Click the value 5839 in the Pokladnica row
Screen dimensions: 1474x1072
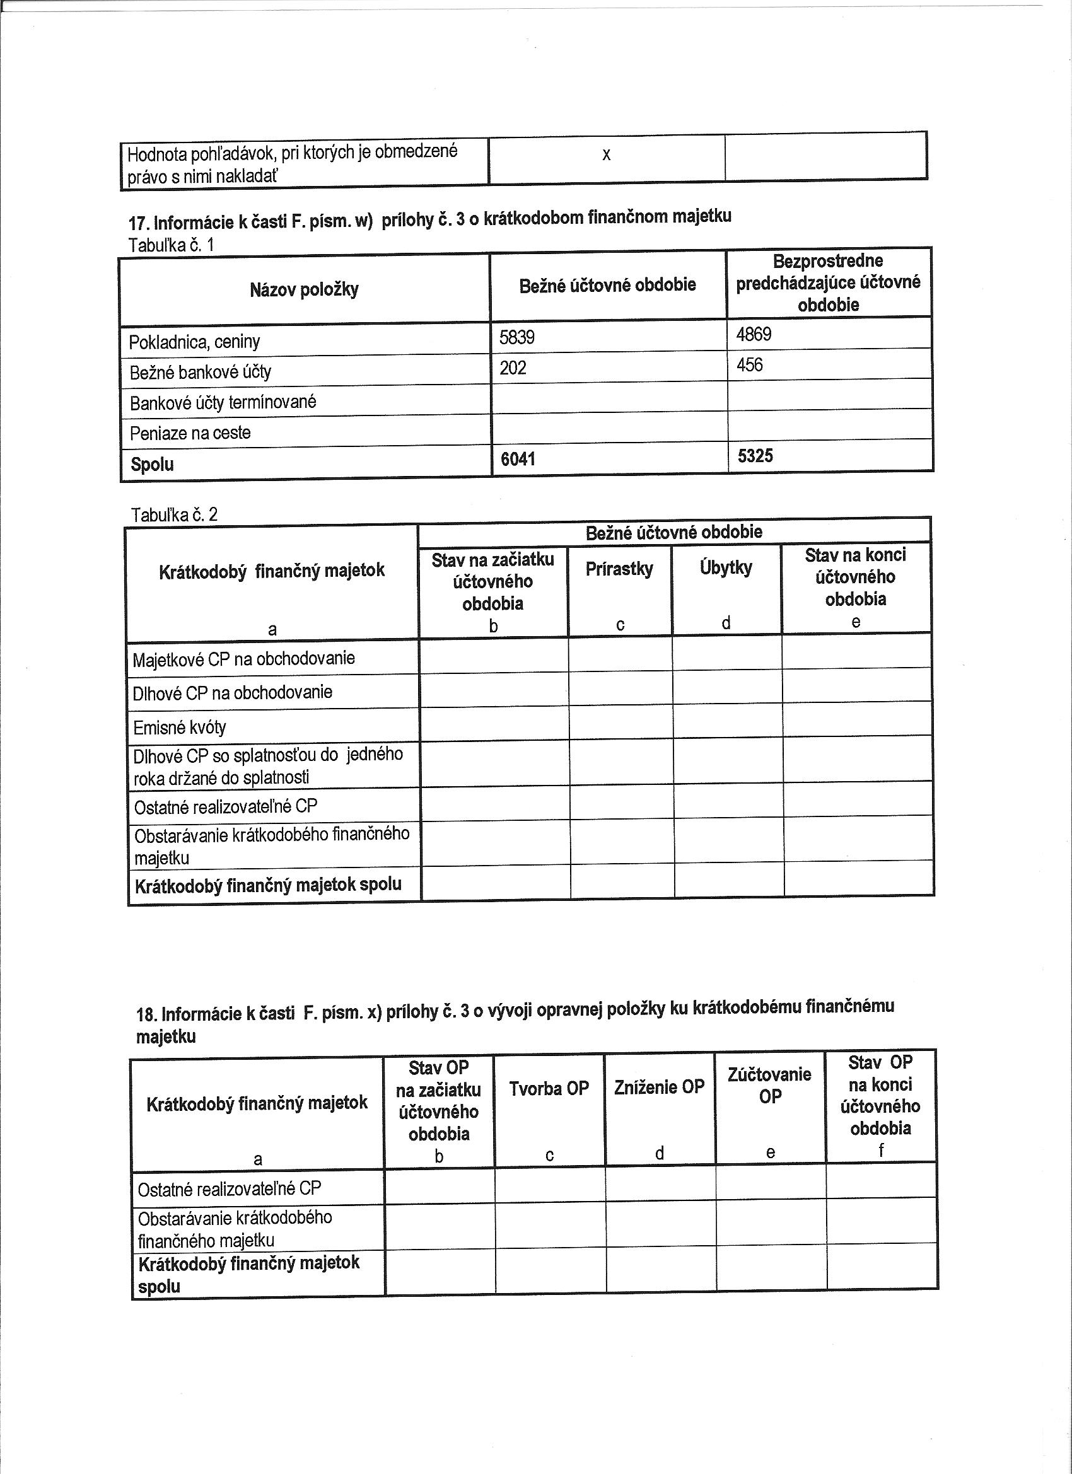(517, 337)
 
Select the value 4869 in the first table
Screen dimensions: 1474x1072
(754, 335)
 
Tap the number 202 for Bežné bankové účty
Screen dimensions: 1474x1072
(512, 368)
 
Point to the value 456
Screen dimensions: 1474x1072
(750, 365)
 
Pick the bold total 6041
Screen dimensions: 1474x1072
(518, 460)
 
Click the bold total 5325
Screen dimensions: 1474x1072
(755, 456)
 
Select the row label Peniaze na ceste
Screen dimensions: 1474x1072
(190, 433)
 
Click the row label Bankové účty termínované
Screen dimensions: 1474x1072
(223, 402)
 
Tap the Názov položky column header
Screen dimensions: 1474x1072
(303, 289)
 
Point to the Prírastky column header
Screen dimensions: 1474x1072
(619, 569)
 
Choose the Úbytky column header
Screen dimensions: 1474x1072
(726, 567)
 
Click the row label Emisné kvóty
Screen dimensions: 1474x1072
(180, 728)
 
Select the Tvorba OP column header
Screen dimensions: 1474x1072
(549, 1089)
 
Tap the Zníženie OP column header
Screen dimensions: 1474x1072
(659, 1087)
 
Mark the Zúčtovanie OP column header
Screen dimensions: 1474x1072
(770, 1086)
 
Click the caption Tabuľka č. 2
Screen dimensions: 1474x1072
(174, 515)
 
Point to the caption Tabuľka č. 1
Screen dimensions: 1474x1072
(172, 245)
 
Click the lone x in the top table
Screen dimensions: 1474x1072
(606, 154)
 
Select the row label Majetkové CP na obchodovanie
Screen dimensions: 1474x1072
(244, 659)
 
